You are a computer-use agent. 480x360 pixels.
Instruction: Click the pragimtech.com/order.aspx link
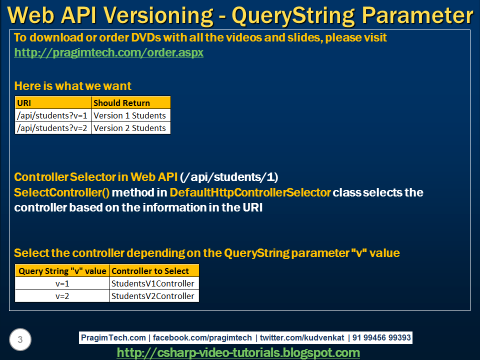(x=108, y=52)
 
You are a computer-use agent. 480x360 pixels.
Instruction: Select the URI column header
(x=53, y=103)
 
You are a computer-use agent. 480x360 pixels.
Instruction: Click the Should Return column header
(x=131, y=103)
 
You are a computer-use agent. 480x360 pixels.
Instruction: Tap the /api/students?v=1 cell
(x=53, y=115)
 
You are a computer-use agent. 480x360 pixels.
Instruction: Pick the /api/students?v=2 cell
(x=53, y=128)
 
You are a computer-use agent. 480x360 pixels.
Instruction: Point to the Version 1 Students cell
(x=131, y=115)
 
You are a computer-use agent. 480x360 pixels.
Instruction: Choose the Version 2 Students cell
(x=131, y=128)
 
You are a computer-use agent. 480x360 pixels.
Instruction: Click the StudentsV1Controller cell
(x=154, y=283)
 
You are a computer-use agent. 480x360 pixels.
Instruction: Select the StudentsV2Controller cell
(x=154, y=296)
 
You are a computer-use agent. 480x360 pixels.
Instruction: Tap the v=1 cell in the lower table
(x=62, y=283)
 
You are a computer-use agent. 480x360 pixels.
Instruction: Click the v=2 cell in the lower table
(x=62, y=296)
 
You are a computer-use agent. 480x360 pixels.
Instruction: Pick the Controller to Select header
(x=154, y=271)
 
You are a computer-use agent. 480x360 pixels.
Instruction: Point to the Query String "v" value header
(x=62, y=271)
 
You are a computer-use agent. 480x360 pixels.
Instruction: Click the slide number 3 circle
(x=20, y=339)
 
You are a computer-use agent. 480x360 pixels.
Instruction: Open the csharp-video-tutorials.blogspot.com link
(x=238, y=352)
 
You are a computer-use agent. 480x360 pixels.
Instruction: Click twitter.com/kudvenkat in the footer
(x=302, y=337)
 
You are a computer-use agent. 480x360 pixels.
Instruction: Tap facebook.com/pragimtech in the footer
(x=202, y=337)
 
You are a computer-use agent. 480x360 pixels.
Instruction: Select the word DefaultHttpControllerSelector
(x=250, y=192)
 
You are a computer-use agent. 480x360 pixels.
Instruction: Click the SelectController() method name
(x=62, y=192)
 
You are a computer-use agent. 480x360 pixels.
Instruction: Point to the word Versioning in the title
(x=158, y=15)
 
